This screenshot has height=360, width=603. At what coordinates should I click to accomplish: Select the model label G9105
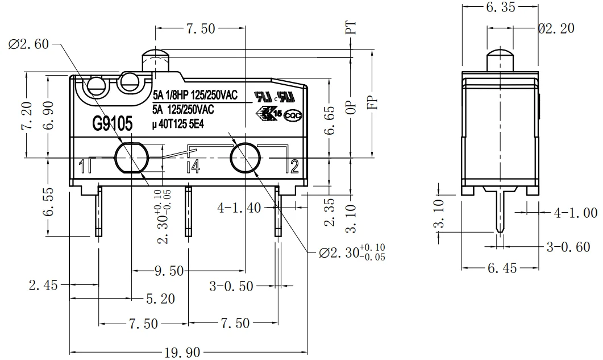pos(113,123)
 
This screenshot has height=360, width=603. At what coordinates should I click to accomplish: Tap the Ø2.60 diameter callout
pos(29,44)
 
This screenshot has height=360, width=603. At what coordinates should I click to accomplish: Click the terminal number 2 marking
pos(294,166)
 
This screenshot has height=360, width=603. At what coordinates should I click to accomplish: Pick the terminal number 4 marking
pos(193,167)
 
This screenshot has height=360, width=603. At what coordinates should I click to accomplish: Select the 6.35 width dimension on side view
pos(500,9)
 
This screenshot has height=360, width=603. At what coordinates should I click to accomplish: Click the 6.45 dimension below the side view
pos(502,268)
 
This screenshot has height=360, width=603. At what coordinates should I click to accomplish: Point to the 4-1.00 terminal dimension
pos(575,213)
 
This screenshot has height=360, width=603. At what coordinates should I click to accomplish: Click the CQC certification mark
pos(293,115)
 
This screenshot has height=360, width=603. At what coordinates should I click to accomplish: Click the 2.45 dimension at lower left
pos(43,285)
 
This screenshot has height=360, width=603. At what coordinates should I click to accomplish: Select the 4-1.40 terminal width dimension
pos(239,208)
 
